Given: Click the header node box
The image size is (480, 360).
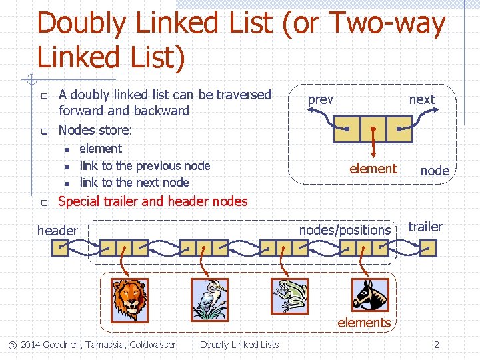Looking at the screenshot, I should [x=61, y=249].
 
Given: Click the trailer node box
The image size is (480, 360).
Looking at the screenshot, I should [x=428, y=249].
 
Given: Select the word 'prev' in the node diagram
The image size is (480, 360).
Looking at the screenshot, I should [x=320, y=99].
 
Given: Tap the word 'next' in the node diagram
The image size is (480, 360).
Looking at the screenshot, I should [x=421, y=99].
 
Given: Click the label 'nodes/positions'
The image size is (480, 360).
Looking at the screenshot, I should [x=345, y=230].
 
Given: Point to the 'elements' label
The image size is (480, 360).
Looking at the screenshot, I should [x=364, y=323].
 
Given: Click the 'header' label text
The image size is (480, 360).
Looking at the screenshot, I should [x=57, y=231].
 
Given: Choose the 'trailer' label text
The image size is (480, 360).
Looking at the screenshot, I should [x=425, y=227].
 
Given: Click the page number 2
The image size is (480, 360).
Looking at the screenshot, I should [x=437, y=345].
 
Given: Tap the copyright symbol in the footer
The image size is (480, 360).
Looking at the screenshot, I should [x=12, y=345].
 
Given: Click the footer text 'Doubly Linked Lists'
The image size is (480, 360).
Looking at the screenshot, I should [x=239, y=345].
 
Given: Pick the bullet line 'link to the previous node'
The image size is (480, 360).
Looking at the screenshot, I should [x=145, y=166].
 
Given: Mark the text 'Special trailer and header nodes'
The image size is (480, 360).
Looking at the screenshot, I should [x=153, y=201].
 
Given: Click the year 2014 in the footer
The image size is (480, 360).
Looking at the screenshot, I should [x=30, y=345].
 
